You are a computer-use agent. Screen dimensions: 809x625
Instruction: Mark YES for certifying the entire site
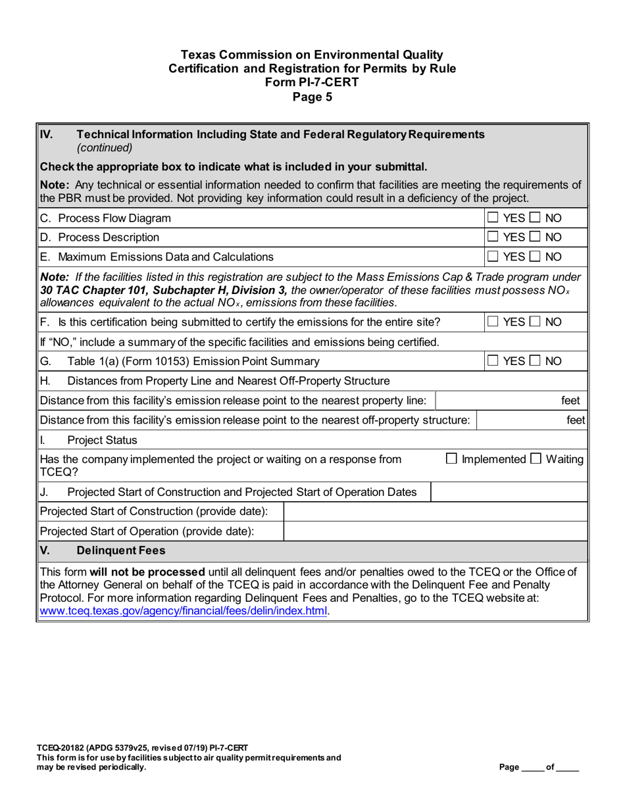(x=493, y=322)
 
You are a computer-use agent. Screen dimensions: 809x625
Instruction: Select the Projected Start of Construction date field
(x=434, y=512)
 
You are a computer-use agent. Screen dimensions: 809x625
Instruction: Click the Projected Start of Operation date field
(x=434, y=531)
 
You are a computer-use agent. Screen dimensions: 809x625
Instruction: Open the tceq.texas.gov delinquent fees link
(x=184, y=610)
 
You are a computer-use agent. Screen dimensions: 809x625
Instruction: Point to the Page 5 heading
(x=312, y=97)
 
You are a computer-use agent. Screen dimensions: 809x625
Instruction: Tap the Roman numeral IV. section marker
(x=47, y=134)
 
